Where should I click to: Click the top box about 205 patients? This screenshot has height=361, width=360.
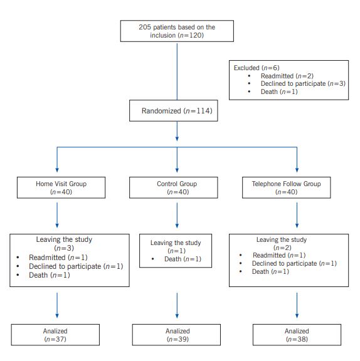(177, 31)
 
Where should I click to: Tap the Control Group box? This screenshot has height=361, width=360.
(177, 188)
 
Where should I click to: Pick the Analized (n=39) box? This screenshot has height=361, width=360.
(177, 334)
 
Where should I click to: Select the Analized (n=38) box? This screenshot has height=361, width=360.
(296, 334)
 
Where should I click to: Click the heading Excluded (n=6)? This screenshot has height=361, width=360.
(257, 68)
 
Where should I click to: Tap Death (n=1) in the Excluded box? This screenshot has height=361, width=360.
(278, 92)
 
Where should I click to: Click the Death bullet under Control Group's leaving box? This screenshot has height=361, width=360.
(183, 259)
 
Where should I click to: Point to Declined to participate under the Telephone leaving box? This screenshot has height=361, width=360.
(294, 264)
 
